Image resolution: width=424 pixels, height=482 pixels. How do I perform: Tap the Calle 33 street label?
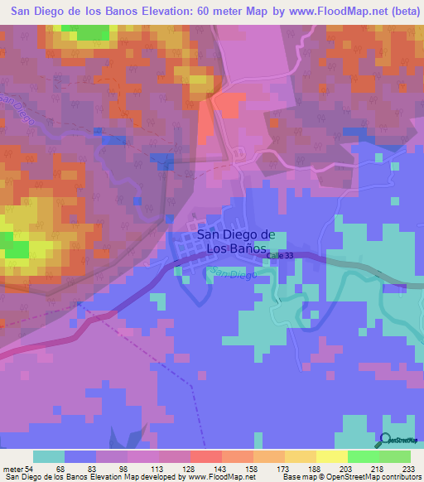pyautogui.click(x=279, y=257)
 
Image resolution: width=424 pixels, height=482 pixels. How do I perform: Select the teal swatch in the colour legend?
pyautogui.click(x=48, y=456)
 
